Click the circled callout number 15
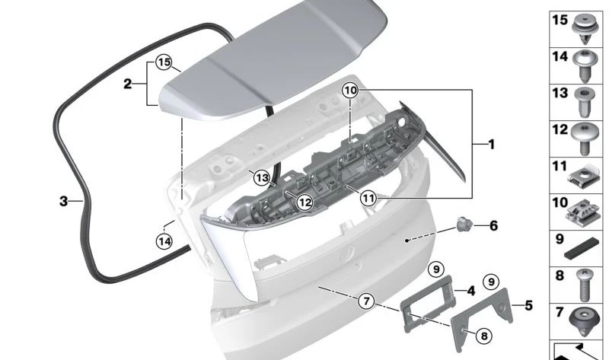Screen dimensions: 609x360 tap(164, 62)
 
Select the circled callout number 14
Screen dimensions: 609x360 tap(164, 241)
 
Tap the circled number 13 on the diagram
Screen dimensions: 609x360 tap(262, 178)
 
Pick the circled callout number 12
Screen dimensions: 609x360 tap(304, 202)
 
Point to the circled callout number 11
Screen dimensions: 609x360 tap(368, 199)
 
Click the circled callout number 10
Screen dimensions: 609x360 tap(350, 91)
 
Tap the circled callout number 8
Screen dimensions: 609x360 tap(484, 336)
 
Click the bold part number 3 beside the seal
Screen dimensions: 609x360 tap(64, 201)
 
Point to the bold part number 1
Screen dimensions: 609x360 tap(492, 145)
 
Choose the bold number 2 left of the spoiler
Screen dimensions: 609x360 tap(128, 84)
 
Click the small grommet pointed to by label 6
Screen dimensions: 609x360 tap(464, 224)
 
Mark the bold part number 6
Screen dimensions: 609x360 tap(493, 225)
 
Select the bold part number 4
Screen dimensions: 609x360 tap(471, 291)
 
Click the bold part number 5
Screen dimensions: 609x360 tap(528, 306)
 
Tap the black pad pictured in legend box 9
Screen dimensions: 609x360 tap(582, 249)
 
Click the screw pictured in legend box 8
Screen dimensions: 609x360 tap(584, 285)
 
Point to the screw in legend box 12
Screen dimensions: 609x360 tap(585, 139)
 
